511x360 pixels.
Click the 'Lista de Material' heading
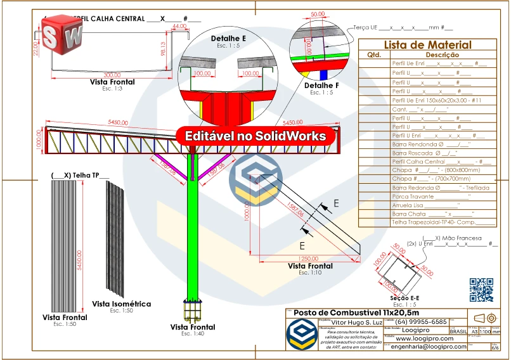427,44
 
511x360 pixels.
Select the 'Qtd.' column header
373,55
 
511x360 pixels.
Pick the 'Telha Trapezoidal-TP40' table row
444,222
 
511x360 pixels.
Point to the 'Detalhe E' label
228,39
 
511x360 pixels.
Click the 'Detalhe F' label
321,85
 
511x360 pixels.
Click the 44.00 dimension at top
179,27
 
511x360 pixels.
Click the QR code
481,290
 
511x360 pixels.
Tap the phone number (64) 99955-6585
421,321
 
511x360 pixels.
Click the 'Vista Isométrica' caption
121,304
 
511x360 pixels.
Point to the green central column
192,241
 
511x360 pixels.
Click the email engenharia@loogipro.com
429,346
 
